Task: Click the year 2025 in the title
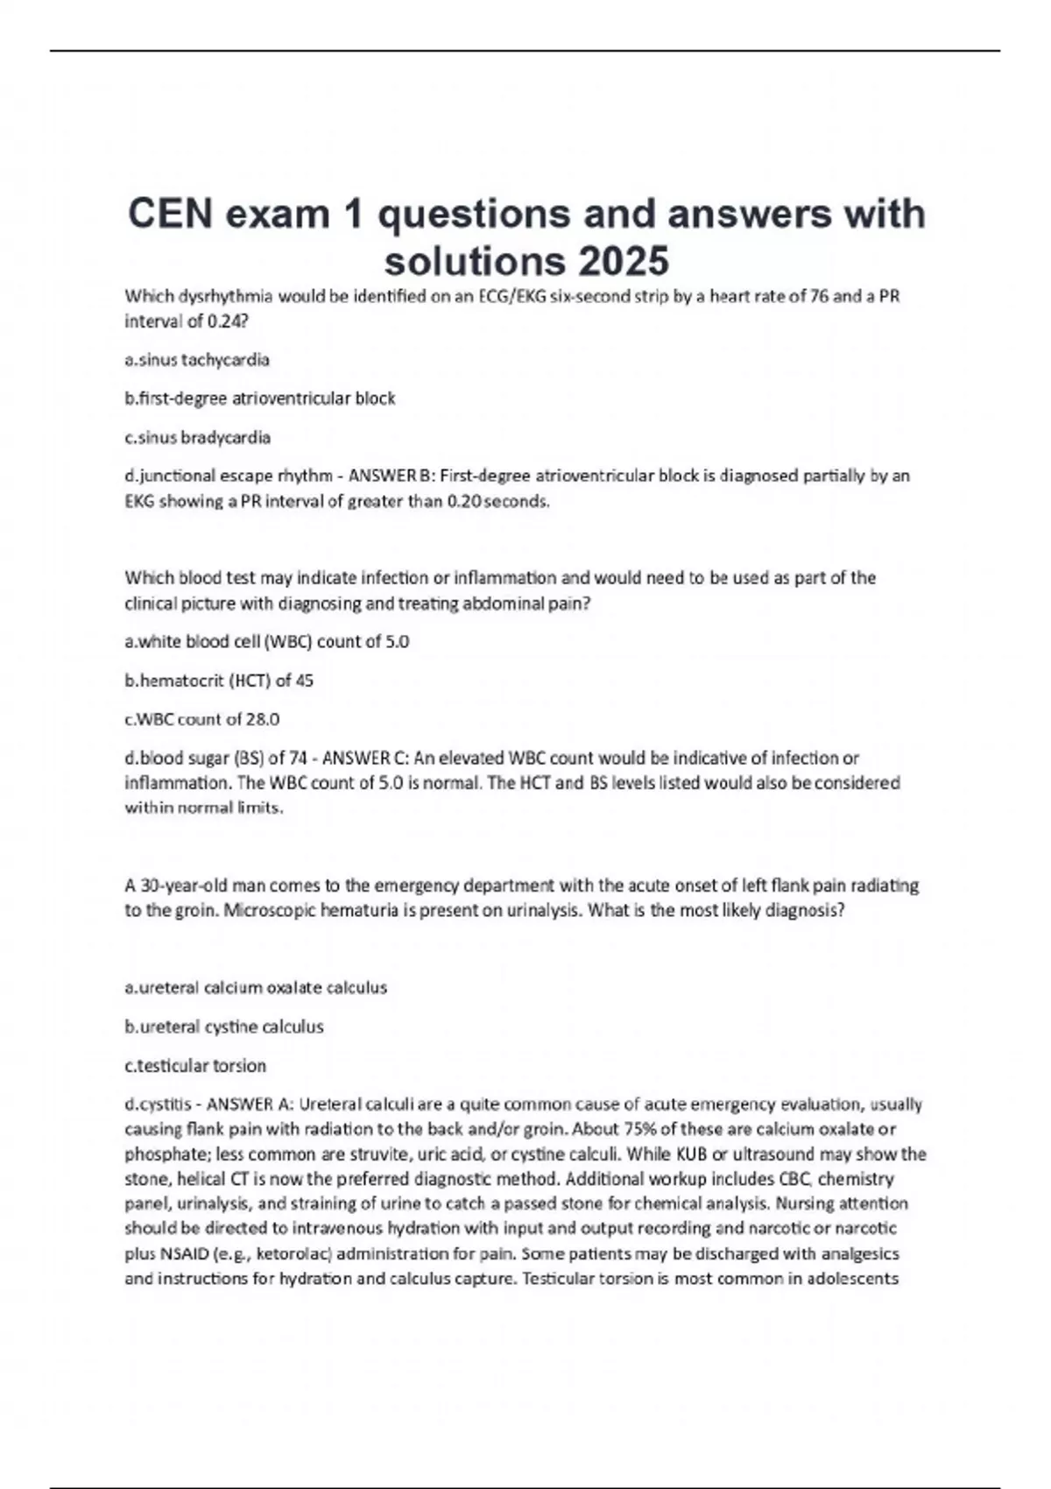[623, 260]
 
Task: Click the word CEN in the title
[170, 214]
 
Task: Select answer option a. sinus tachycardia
[197, 359]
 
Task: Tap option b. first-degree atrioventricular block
[260, 399]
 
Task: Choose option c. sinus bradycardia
[198, 437]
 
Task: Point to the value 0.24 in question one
[226, 321]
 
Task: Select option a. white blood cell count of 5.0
[267, 641]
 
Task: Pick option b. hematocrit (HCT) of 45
[219, 681]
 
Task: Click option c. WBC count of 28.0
[202, 719]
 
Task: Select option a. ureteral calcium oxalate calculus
[256, 987]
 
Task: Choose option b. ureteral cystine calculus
[224, 1027]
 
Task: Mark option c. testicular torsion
[195, 1066]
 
